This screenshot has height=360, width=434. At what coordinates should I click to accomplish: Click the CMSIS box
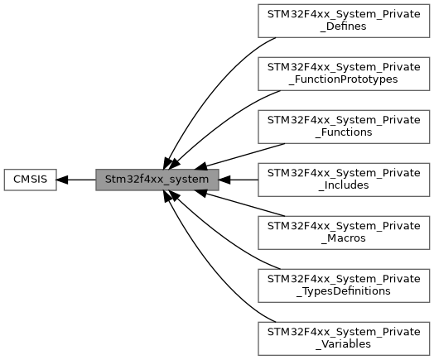coord(30,180)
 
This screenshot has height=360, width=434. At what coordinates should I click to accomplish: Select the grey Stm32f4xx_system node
coord(157,180)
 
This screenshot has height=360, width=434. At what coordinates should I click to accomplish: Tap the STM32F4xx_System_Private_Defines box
coord(344,21)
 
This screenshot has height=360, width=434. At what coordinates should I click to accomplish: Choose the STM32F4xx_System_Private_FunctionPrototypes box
coord(344,74)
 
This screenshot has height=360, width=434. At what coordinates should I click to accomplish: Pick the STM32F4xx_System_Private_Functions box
coord(344,127)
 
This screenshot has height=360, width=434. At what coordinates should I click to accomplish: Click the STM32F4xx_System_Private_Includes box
coord(344,180)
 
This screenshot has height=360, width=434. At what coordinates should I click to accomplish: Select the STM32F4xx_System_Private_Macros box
coord(344,233)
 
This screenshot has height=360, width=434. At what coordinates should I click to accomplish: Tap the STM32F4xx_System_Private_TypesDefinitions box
coord(344,286)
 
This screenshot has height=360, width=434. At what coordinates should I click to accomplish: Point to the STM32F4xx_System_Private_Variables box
coord(344,338)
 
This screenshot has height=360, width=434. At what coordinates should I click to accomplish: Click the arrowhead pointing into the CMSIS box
coord(62,180)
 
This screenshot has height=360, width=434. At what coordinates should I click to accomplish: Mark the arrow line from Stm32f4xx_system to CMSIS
coord(76,180)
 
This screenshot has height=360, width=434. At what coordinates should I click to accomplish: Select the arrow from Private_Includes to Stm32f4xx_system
coord(239,180)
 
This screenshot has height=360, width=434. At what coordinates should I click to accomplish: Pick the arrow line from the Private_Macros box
coord(240,204)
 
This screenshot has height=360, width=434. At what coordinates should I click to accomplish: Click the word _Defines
coord(343,26)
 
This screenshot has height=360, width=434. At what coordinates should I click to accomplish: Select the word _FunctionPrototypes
coord(343,79)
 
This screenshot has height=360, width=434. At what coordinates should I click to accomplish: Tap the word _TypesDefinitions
coord(343,291)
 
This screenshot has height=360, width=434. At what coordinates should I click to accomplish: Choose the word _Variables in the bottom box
coord(343,344)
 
